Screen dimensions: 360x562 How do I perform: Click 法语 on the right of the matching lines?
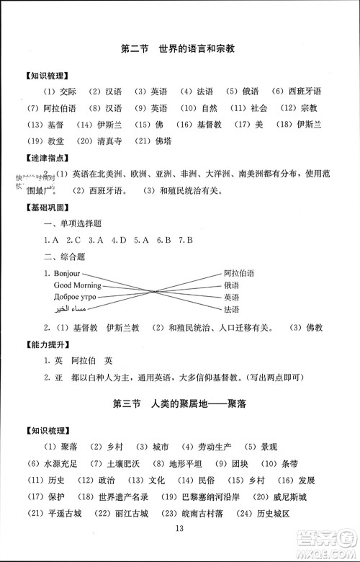click(x=231, y=309)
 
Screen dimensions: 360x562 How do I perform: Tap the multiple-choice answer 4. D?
click(x=119, y=238)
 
